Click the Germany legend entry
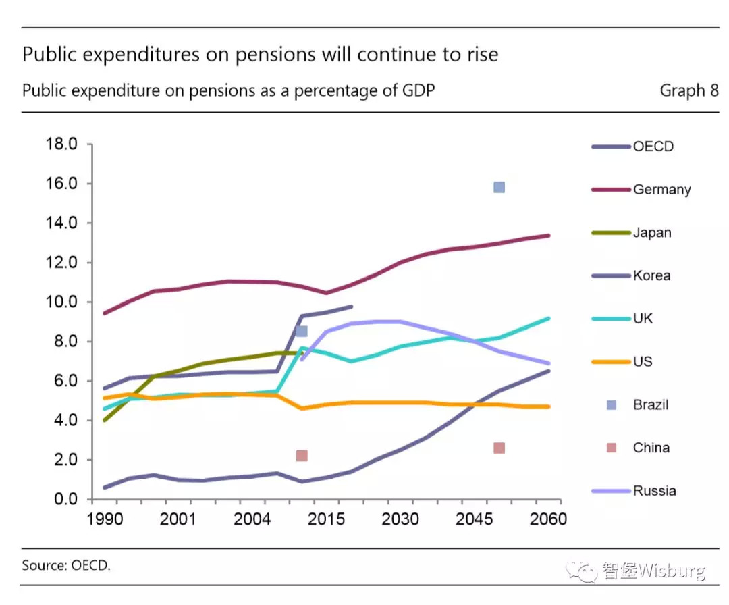pyautogui.click(x=661, y=190)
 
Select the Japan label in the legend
pyautogui.click(x=652, y=233)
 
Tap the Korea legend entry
pyautogui.click(x=651, y=275)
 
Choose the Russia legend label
pyautogui.click(x=654, y=491)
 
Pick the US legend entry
pyautogui.click(x=643, y=362)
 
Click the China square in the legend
pyautogui.click(x=612, y=448)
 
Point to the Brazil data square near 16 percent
pyautogui.click(x=499, y=187)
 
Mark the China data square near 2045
pyautogui.click(x=499, y=448)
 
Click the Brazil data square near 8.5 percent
pyautogui.click(x=302, y=331)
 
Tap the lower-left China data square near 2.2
pyautogui.click(x=302, y=456)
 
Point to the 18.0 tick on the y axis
pyautogui.click(x=61, y=144)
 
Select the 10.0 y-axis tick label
pyautogui.click(x=61, y=302)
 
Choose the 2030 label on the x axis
pyautogui.click(x=400, y=519)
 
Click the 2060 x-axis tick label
pyautogui.click(x=548, y=519)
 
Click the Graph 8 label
pyautogui.click(x=688, y=90)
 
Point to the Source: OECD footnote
pyautogui.click(x=65, y=565)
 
